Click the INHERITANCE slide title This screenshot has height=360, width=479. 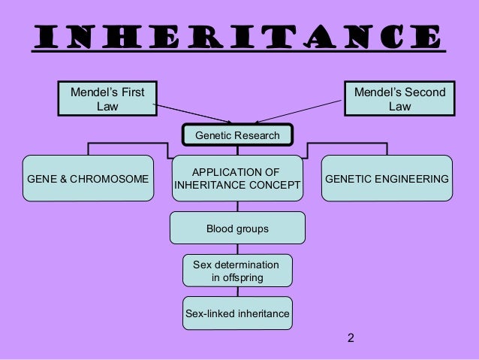[x=239, y=35]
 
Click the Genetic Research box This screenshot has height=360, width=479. [x=236, y=135]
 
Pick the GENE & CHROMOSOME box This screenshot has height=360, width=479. [x=87, y=179]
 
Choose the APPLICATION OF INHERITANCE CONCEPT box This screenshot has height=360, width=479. [x=237, y=179]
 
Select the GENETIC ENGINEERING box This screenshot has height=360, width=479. [x=387, y=179]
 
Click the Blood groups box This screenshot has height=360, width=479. [x=237, y=228]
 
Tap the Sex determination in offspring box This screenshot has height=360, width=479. [x=237, y=271]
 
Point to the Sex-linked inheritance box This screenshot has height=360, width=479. [x=237, y=313]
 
